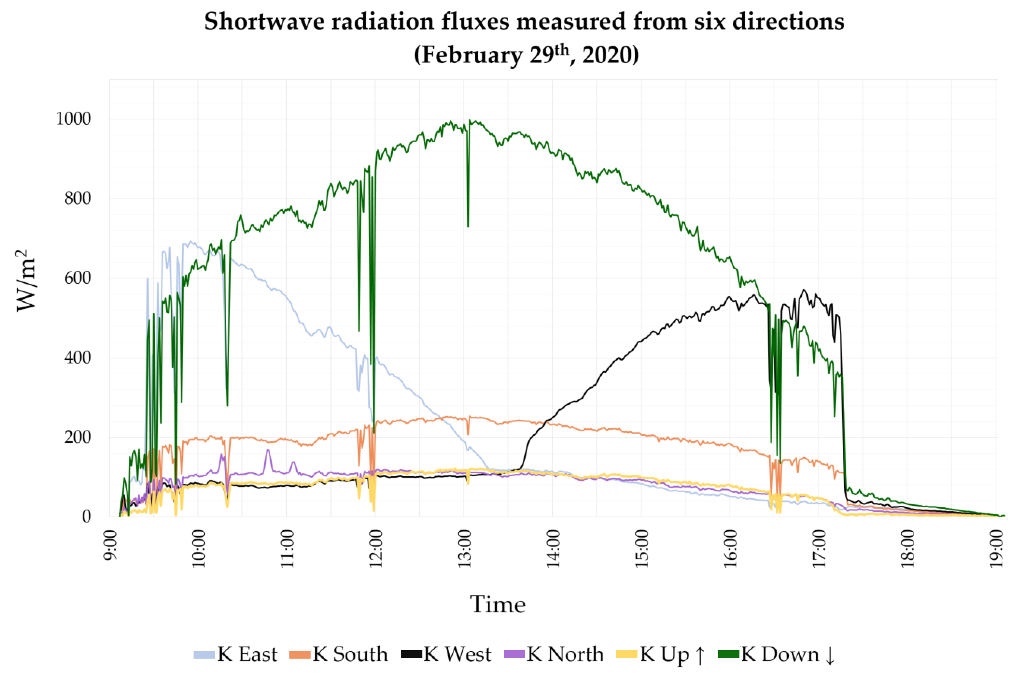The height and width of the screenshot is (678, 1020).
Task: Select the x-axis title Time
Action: tap(498, 604)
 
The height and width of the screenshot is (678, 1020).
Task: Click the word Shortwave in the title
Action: tap(264, 22)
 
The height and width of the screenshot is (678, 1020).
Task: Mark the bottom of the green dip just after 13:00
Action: tap(468, 226)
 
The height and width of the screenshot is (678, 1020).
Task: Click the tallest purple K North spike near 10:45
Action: tap(268, 450)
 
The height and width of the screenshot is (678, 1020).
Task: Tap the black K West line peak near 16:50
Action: tap(804, 290)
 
